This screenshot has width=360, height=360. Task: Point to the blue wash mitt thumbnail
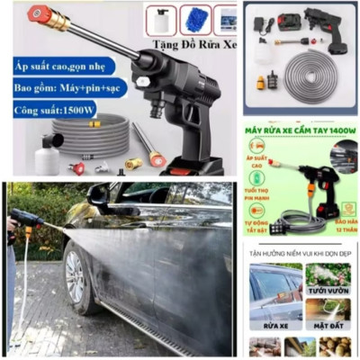[193, 19]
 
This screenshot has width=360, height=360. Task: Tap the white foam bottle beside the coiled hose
[47, 158]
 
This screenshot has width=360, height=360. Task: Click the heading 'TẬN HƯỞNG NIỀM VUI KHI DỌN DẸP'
[300, 252]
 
